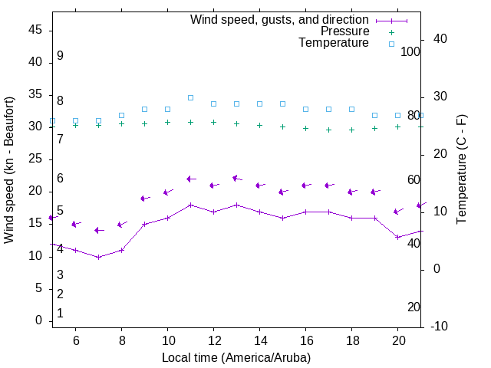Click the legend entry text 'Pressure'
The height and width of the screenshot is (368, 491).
click(344, 31)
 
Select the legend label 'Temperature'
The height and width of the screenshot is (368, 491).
click(334, 44)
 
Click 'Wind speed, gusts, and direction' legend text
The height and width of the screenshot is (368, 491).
click(279, 19)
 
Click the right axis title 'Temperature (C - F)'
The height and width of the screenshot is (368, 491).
click(461, 170)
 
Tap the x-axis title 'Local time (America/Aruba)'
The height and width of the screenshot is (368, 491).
click(236, 357)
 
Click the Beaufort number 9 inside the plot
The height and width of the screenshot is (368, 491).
click(60, 56)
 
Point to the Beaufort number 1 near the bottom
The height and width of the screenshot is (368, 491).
click(60, 314)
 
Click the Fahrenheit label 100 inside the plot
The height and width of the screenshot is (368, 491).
click(410, 51)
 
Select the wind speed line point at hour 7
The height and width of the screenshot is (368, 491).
click(98, 257)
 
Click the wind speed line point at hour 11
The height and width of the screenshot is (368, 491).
click(190, 205)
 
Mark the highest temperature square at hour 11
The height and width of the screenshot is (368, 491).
click(190, 97)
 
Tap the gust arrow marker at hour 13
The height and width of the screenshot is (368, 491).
click(236, 179)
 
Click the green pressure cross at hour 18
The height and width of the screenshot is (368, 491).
click(351, 130)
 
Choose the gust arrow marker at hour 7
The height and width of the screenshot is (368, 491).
click(98, 230)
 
